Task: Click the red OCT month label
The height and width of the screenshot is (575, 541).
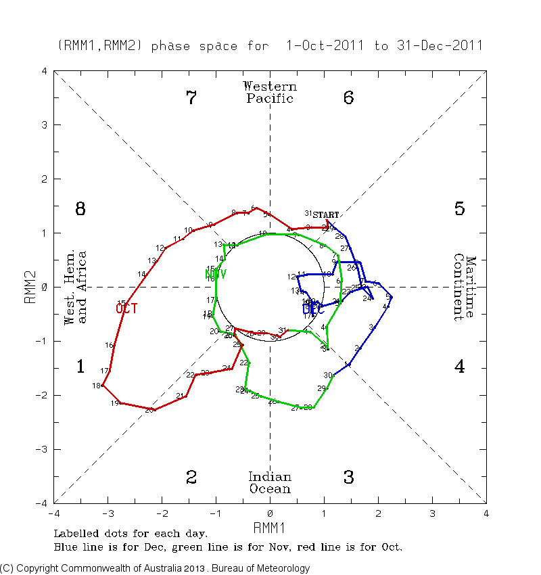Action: coord(126,308)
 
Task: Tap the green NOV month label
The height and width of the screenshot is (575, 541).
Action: coord(215,274)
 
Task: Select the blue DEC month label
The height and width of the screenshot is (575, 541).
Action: coord(313,309)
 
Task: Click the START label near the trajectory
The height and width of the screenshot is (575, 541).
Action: coord(325,214)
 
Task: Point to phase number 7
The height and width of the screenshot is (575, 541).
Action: coord(191,98)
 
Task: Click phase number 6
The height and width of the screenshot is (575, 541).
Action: coord(348,98)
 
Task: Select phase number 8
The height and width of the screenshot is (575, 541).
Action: coord(80,209)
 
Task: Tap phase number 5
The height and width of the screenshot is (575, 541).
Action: coord(459,209)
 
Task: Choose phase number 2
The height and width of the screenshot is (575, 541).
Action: coord(191,478)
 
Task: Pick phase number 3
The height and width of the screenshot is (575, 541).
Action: coord(348,478)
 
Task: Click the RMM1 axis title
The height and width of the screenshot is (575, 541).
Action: coord(269,526)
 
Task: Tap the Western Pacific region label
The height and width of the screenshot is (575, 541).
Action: coord(270,93)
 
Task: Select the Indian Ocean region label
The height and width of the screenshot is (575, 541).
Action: coord(270,482)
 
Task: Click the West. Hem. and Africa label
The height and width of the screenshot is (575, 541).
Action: coord(75,287)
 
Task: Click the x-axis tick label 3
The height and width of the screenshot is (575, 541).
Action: coord(432,513)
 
